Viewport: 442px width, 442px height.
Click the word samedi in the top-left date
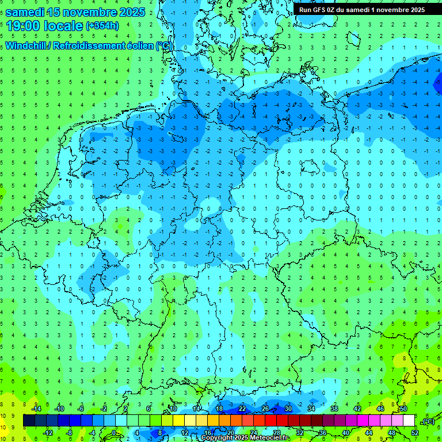pos(25,12)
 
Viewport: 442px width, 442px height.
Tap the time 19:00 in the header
pos(25,26)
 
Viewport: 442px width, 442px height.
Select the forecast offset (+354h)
pos(102,26)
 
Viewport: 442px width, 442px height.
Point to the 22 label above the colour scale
pos(242,409)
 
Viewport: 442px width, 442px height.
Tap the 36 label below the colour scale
pos(323,433)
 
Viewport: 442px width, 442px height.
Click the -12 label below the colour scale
pos(48,433)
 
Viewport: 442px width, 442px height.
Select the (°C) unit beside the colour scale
pos(428,421)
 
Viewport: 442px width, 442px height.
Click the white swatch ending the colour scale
pos(409,421)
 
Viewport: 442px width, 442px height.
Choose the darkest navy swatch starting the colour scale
pos(29,421)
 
